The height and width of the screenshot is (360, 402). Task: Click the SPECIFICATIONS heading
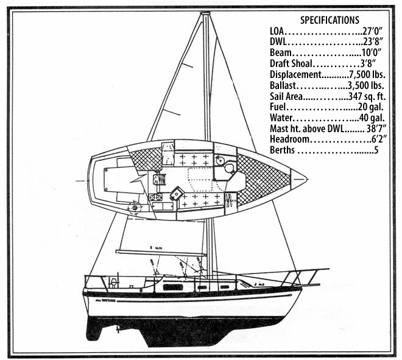[330, 20]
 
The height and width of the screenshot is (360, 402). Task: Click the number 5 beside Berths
[376, 150]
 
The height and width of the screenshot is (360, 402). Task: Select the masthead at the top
[205, 13]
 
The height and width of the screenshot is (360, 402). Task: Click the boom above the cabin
[161, 252]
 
